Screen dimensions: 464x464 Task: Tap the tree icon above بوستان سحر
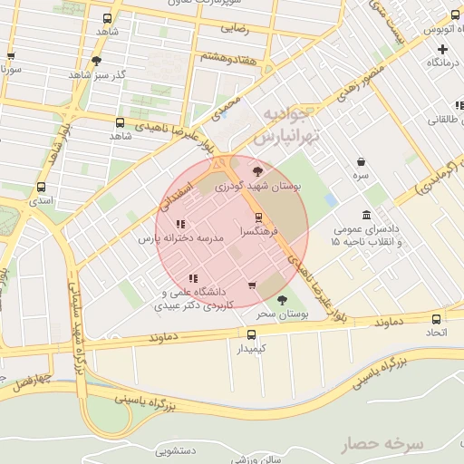(x=282, y=300)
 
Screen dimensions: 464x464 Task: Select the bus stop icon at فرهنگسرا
(x=259, y=217)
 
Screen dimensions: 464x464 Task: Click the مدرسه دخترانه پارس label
(x=179, y=239)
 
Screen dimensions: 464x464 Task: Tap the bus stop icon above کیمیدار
(x=252, y=333)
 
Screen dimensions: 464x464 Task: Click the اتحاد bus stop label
(x=437, y=334)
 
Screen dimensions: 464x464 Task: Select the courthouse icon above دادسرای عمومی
(x=366, y=215)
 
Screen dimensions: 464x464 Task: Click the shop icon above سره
(x=361, y=161)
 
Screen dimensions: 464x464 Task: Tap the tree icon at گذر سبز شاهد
(x=97, y=62)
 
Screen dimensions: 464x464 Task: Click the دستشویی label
(x=177, y=449)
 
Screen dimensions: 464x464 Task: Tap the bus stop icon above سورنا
(x=10, y=56)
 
